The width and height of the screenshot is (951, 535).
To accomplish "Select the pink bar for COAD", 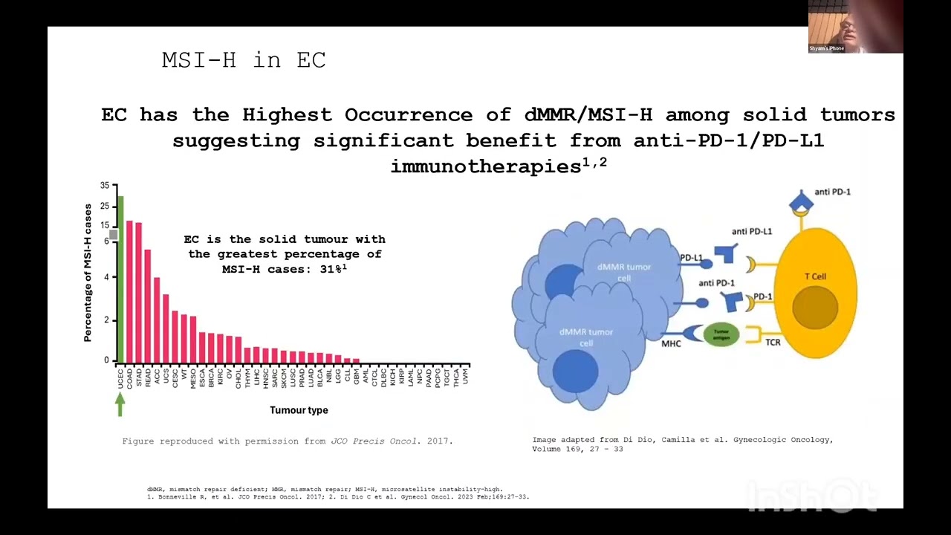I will click(x=129, y=291).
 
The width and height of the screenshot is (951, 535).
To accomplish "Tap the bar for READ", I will click(x=147, y=305).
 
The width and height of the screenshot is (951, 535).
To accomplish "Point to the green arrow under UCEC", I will click(x=120, y=404).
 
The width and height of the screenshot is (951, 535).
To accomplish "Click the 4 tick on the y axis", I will click(x=106, y=277).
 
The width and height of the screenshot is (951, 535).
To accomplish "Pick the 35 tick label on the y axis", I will click(x=105, y=186).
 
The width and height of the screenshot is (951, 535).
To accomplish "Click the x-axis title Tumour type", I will click(x=299, y=410).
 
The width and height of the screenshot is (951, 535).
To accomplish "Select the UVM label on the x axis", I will click(x=466, y=376).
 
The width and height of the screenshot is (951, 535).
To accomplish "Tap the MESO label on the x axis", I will click(x=193, y=377).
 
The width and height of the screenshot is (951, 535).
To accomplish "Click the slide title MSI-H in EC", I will click(x=244, y=60).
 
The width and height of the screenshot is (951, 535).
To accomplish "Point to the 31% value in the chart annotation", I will click(x=332, y=269).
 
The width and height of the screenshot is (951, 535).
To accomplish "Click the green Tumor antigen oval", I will click(x=721, y=334).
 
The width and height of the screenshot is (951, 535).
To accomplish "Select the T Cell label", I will click(x=815, y=276).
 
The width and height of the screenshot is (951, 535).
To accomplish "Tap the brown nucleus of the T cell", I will click(x=814, y=307).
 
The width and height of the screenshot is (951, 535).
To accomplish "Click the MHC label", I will click(x=672, y=344).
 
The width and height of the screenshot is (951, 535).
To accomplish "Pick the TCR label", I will click(x=773, y=343).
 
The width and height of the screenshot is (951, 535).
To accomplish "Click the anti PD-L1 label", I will click(x=751, y=231).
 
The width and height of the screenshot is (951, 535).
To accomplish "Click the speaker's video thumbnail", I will click(x=855, y=27).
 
